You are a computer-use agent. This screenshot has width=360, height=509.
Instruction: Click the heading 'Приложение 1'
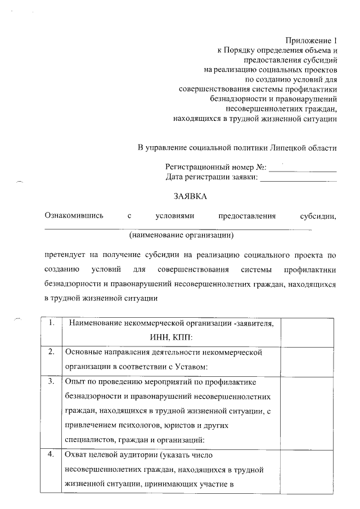[x=311, y=40]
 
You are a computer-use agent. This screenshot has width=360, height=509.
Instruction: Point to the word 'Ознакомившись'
[x=74, y=216]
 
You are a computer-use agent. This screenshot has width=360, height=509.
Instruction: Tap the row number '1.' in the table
[x=51, y=322]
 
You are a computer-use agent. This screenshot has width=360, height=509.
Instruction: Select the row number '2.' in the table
[x=51, y=352]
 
